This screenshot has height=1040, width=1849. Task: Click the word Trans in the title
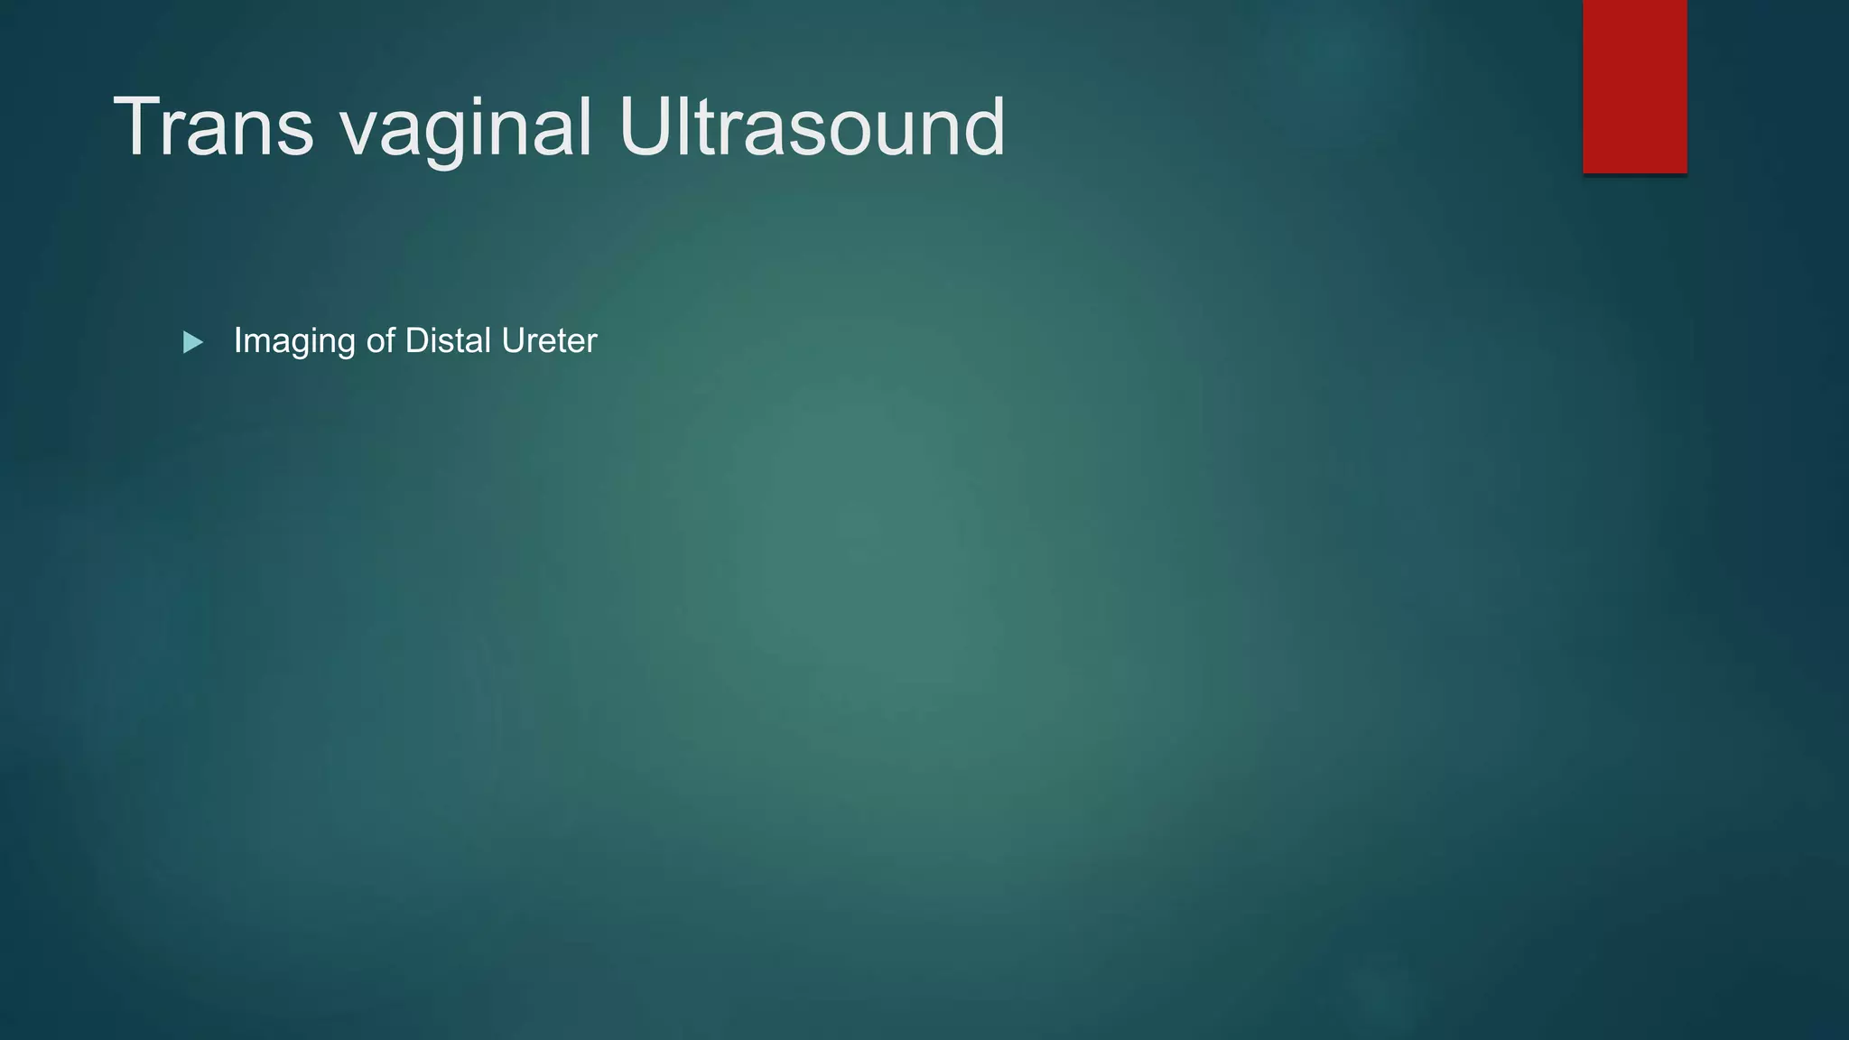pyautogui.click(x=213, y=127)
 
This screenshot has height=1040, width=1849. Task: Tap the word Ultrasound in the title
pyautogui.click(x=812, y=127)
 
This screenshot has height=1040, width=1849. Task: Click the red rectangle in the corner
pyautogui.click(x=1634, y=86)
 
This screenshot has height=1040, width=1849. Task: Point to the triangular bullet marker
pyautogui.click(x=192, y=342)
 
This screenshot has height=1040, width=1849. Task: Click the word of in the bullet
pyautogui.click(x=380, y=341)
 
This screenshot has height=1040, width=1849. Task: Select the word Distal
pyautogui.click(x=447, y=341)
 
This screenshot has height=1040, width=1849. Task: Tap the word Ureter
pyautogui.click(x=549, y=341)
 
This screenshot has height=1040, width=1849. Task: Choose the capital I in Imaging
pyautogui.click(x=238, y=341)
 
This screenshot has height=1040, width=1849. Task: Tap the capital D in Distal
pyautogui.click(x=415, y=341)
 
